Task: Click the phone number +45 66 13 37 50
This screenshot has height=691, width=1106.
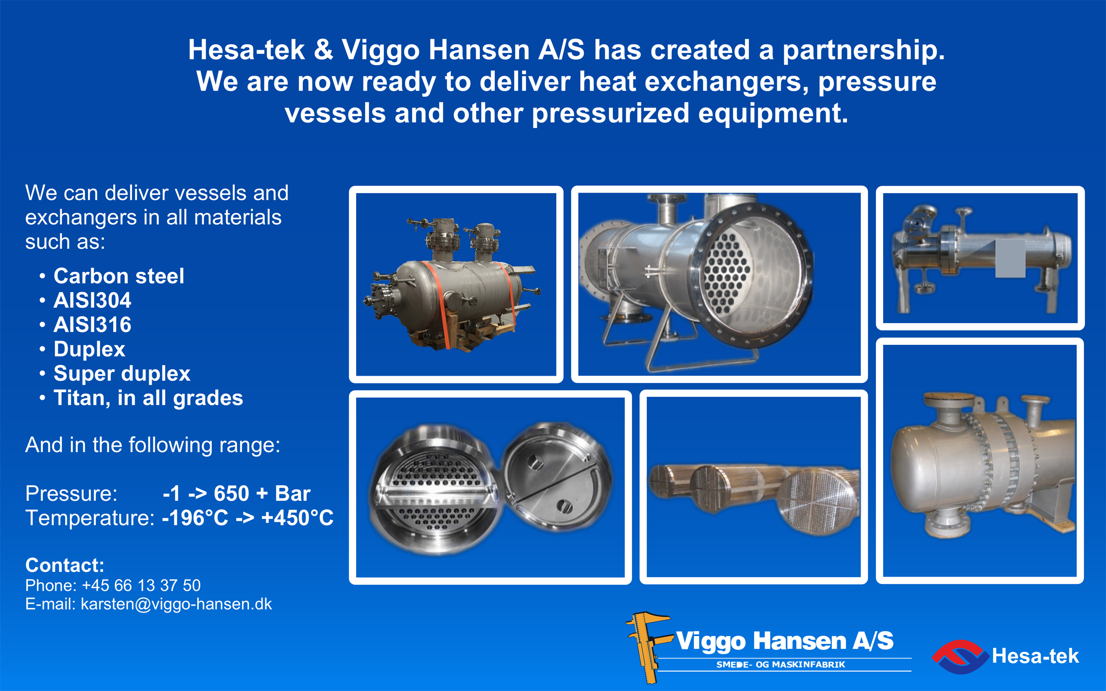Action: (x=141, y=586)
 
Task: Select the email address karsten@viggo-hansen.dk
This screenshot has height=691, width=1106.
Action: (x=177, y=604)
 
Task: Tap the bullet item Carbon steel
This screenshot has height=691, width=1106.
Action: (x=119, y=276)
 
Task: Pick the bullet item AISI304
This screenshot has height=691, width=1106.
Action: (x=92, y=300)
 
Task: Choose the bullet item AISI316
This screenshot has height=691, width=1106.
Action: (x=92, y=324)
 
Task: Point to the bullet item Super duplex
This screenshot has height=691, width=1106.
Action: (x=122, y=374)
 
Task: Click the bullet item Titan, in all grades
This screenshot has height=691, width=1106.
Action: (x=148, y=398)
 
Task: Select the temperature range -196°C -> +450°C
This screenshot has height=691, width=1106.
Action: (x=248, y=518)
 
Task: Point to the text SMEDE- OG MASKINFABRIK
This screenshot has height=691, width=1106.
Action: (x=781, y=665)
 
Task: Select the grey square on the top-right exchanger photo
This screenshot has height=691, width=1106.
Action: (x=1010, y=259)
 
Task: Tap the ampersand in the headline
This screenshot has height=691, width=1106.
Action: (x=323, y=50)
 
